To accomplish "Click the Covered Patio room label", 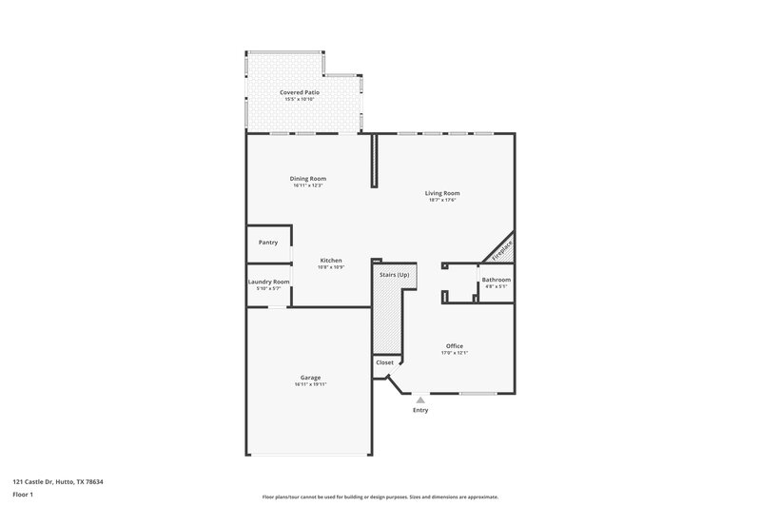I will coord(299,92).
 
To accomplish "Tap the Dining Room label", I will coord(308,179).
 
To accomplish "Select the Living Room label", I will coord(442,193).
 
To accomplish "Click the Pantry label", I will coord(268,243).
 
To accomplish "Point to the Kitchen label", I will coord(330,261).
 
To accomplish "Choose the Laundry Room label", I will coord(268,282).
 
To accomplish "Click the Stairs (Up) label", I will coord(394,274).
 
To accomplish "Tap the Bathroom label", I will coord(496,280).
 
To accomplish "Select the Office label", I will coord(454,345).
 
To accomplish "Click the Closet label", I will coord(384,362).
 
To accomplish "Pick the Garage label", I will coord(308,378).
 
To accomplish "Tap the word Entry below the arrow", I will coord(420,410).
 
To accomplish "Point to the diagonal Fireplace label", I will coord(501,249).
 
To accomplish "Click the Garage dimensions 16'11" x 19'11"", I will coord(308,384).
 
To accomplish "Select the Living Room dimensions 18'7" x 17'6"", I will coord(442,200).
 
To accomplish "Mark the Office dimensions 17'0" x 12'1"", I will coord(454,352).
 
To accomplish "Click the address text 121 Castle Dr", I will coord(58,482).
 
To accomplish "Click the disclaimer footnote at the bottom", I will coord(380,497).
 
